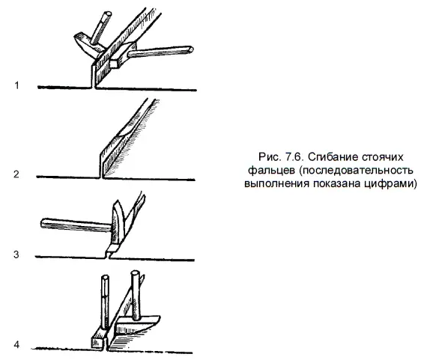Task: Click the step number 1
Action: pos(16,85)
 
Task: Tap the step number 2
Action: pos(16,174)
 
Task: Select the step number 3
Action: pos(16,254)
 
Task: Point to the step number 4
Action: pos(16,345)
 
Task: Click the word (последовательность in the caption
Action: pos(356,171)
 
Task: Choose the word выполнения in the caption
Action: pos(276,183)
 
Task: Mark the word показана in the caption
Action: pos(336,183)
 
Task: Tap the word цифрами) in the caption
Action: pos(390,183)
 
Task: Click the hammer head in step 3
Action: pos(118,222)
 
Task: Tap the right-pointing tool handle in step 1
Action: pos(160,52)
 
